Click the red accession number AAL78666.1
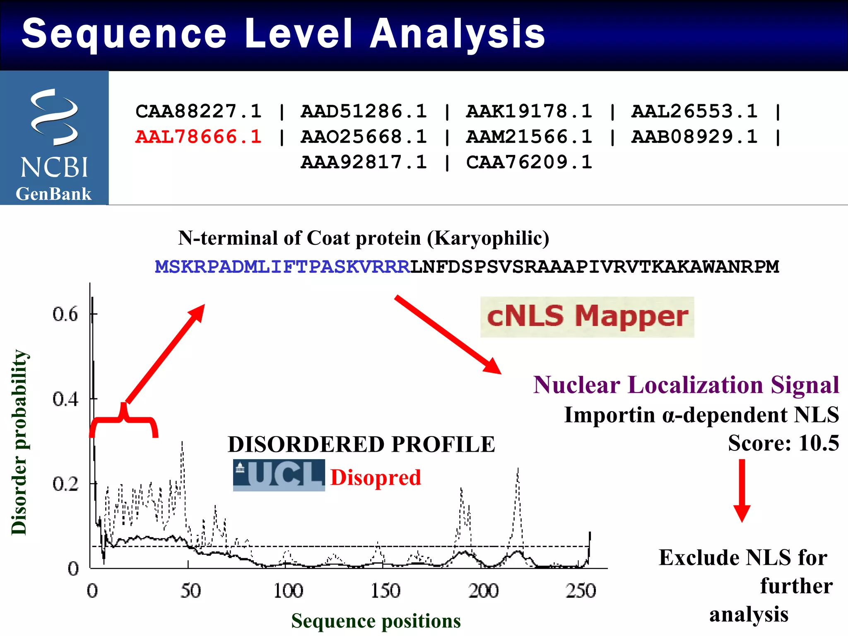(x=198, y=137)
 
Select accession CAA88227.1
(x=198, y=111)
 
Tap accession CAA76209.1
(x=529, y=162)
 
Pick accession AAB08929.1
(x=694, y=137)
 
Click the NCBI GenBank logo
(x=54, y=138)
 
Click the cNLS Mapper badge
(x=587, y=317)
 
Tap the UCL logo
(x=279, y=475)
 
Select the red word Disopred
(x=376, y=477)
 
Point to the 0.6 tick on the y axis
(x=65, y=314)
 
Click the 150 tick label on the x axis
(x=385, y=591)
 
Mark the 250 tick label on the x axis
(x=581, y=591)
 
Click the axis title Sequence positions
(x=376, y=621)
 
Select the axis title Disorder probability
(x=19, y=442)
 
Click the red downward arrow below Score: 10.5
(x=742, y=491)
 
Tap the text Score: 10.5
(x=783, y=443)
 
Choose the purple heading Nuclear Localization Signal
(x=686, y=385)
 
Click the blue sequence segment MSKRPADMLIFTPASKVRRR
(x=282, y=267)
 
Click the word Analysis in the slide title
(x=458, y=34)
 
